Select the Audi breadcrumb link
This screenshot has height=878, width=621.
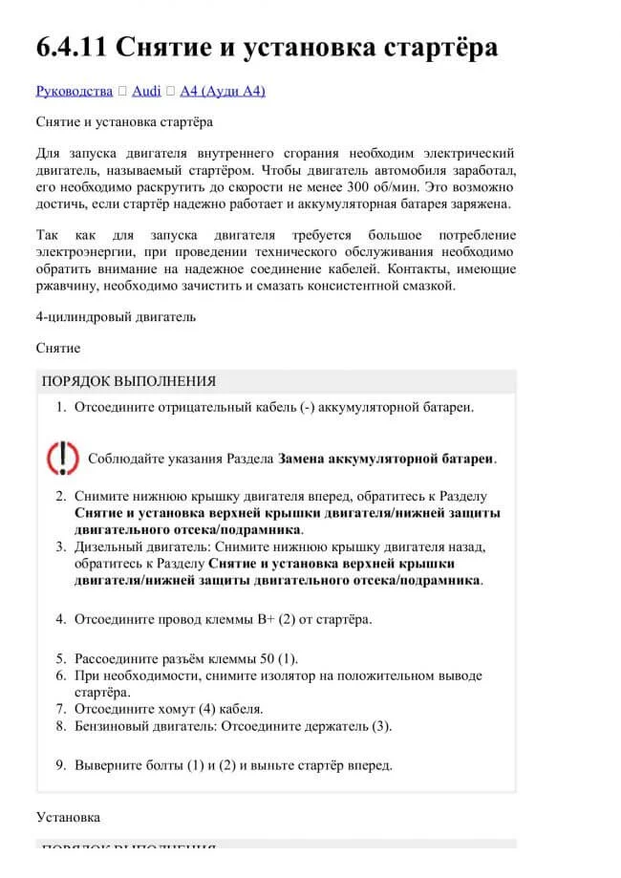[146, 91]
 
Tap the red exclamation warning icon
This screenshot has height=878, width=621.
[63, 458]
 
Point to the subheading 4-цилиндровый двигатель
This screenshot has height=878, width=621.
[116, 316]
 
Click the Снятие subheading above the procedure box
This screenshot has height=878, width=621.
[58, 348]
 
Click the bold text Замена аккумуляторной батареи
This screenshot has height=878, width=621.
[386, 459]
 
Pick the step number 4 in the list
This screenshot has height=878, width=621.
[59, 619]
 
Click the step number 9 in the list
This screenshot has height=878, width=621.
[59, 765]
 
